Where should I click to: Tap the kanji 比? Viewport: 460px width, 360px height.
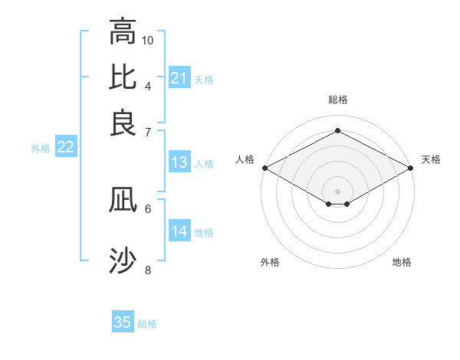point(123,77)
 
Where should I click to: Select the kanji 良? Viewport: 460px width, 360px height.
point(123,123)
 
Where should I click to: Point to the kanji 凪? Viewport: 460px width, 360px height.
point(123,201)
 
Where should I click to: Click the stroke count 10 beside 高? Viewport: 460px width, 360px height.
point(148,40)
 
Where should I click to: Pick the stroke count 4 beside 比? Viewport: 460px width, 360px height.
point(148,85)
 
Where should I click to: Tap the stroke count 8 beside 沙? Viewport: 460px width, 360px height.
point(148,270)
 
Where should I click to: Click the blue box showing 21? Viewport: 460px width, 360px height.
point(179,78)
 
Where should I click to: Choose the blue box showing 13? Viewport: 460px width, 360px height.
point(179,162)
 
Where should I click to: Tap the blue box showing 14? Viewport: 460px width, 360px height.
point(179,231)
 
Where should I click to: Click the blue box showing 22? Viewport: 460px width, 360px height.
point(65,148)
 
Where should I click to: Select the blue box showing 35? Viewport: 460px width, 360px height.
point(123,322)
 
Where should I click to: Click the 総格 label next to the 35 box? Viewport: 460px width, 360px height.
point(148,324)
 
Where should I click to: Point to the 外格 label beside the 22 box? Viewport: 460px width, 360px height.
point(41,149)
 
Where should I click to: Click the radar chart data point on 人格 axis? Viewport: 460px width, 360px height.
point(264,168)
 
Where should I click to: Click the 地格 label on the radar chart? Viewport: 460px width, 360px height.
point(402,263)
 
